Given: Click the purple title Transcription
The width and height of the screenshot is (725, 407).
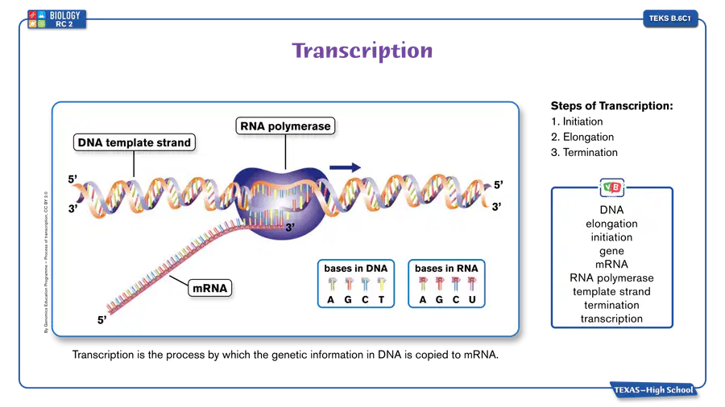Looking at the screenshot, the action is click(x=362, y=51).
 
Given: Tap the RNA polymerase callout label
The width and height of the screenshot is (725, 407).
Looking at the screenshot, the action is click(x=285, y=126).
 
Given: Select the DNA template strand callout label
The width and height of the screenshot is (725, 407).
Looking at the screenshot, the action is click(x=134, y=142).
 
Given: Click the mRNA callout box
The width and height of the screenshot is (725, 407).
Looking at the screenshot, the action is click(x=210, y=288).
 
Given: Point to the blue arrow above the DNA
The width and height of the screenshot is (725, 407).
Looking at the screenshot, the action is click(x=345, y=167).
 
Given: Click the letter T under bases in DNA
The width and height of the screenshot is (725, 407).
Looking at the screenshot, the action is click(x=382, y=299).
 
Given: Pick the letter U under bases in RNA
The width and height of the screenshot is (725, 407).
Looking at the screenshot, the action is click(x=472, y=299).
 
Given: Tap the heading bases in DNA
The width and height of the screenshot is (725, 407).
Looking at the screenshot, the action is click(x=355, y=268).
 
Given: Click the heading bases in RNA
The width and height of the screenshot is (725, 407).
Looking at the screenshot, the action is click(x=446, y=268).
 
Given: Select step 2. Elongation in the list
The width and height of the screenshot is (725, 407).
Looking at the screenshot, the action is click(x=582, y=137).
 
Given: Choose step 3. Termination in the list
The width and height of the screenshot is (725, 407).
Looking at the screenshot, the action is click(x=584, y=152).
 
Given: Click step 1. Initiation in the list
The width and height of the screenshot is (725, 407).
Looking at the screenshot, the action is click(x=577, y=121).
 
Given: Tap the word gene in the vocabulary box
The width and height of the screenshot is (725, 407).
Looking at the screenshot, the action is click(x=611, y=251).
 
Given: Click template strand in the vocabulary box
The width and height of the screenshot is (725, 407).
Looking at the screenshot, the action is click(x=611, y=292).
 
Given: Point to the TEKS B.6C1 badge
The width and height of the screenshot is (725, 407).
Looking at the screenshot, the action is click(x=670, y=18).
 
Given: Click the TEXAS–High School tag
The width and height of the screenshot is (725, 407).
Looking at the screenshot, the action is click(x=653, y=390).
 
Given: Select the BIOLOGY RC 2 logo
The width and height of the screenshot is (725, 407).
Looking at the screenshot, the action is click(x=56, y=19).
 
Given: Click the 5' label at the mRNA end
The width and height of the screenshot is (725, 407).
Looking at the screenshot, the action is click(x=101, y=320).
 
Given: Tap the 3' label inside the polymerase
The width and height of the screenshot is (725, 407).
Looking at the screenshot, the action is click(x=290, y=227).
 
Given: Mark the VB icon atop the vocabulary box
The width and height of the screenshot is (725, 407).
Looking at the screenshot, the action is click(x=611, y=187).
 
